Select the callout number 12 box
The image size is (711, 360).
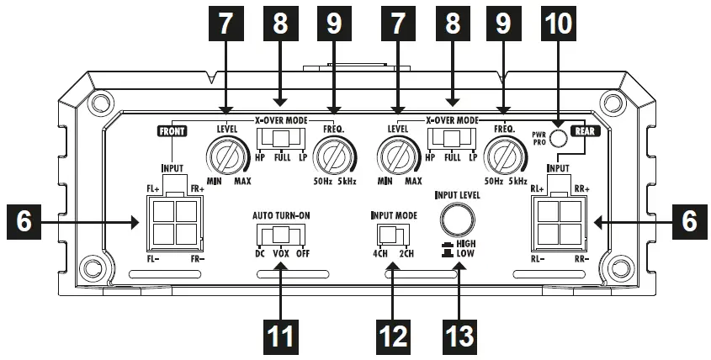391,334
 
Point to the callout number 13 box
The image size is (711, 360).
459,334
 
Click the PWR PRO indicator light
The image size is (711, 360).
575,140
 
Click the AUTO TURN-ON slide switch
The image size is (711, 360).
279,234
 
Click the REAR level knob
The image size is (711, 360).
398,156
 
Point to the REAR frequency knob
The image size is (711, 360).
506,156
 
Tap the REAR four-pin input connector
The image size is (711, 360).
556,222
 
